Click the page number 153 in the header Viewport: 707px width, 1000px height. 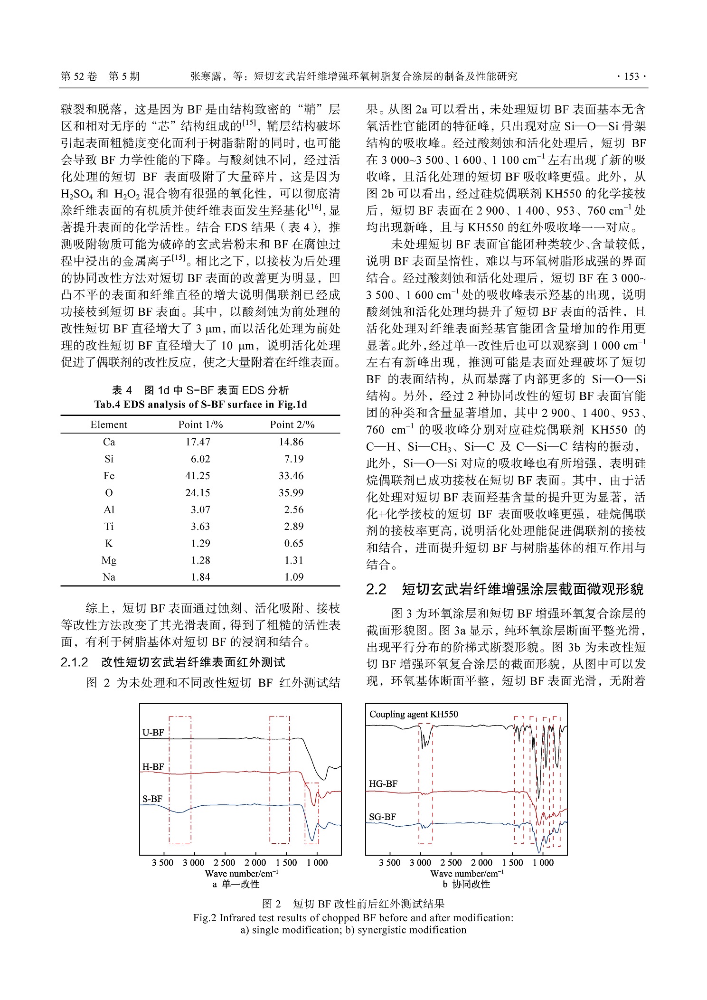[x=631, y=76]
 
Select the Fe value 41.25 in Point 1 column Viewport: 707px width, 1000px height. [x=198, y=476]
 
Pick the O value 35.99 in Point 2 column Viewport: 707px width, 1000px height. [x=291, y=493]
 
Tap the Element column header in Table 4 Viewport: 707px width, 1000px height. [x=109, y=425]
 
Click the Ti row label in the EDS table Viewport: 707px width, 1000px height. [x=109, y=527]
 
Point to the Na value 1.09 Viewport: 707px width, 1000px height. [x=293, y=577]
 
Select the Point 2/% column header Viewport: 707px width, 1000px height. [x=292, y=425]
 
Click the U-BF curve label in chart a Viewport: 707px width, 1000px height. [x=153, y=733]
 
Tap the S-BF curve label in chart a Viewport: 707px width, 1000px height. [x=152, y=799]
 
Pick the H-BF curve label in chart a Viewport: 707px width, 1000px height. [x=153, y=767]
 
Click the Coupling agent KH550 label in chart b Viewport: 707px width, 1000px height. [x=414, y=715]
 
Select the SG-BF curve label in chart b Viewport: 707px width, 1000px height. [x=382, y=817]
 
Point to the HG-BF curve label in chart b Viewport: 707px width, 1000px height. [x=383, y=784]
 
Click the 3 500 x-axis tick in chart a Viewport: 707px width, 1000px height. [x=163, y=863]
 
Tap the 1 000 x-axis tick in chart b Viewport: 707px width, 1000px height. [x=543, y=863]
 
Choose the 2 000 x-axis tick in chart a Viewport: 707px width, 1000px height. [x=255, y=863]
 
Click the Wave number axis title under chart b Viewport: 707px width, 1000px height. [x=466, y=874]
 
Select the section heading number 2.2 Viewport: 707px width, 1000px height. [x=376, y=590]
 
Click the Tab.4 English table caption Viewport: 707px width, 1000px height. [x=200, y=405]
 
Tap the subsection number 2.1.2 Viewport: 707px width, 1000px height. [x=75, y=662]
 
